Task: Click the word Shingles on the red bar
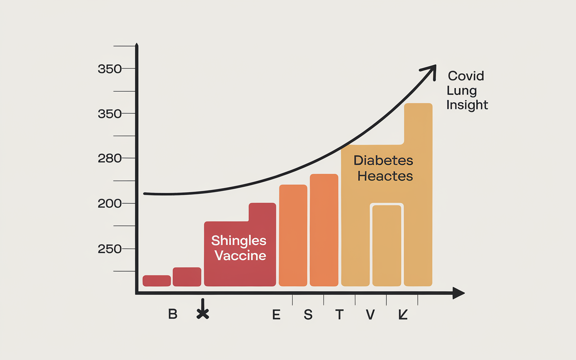click(x=239, y=240)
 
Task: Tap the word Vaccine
click(x=240, y=256)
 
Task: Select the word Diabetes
click(x=383, y=160)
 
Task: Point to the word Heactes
click(x=385, y=176)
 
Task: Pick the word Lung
click(x=461, y=90)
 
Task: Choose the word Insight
click(x=467, y=105)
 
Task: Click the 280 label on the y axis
click(x=110, y=158)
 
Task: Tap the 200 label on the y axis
click(x=110, y=203)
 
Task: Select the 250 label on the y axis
click(x=110, y=249)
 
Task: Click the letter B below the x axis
click(x=173, y=314)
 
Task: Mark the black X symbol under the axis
click(x=203, y=314)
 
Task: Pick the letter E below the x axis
click(x=276, y=315)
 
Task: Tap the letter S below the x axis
click(x=308, y=315)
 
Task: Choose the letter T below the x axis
click(x=339, y=315)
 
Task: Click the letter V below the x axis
click(x=370, y=315)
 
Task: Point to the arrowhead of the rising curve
click(x=430, y=70)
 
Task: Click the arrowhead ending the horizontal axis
click(x=459, y=293)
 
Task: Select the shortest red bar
click(x=157, y=281)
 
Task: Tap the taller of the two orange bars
click(x=324, y=230)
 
